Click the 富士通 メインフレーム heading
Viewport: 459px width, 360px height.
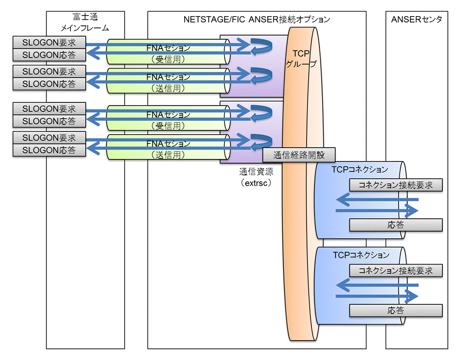coord(85,22)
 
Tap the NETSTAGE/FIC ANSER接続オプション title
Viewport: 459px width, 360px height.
coord(257,19)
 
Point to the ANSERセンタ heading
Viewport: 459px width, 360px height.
coord(416,19)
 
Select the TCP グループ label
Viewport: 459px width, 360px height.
coord(301,58)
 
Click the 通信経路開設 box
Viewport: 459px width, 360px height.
coord(299,155)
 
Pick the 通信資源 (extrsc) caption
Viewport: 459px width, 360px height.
coord(256,177)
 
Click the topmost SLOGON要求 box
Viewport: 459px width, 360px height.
coord(49,43)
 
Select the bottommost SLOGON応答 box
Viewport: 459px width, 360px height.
coord(49,150)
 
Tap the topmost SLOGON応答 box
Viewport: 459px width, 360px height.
coord(49,55)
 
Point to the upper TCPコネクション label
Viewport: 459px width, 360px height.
coord(360,169)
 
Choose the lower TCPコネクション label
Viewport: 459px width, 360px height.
coord(361,255)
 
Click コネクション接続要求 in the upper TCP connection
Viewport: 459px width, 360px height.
coord(396,185)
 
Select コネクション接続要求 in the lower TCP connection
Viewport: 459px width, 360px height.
coord(396,271)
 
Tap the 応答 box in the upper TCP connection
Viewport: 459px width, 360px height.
coord(396,225)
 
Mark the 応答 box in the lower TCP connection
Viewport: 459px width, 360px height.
coord(396,310)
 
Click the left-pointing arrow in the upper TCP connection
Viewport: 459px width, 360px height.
coord(377,200)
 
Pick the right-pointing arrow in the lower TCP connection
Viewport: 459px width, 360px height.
coord(377,296)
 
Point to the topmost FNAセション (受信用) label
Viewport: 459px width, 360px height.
coord(168,53)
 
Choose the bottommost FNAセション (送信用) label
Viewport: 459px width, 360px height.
coord(168,149)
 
